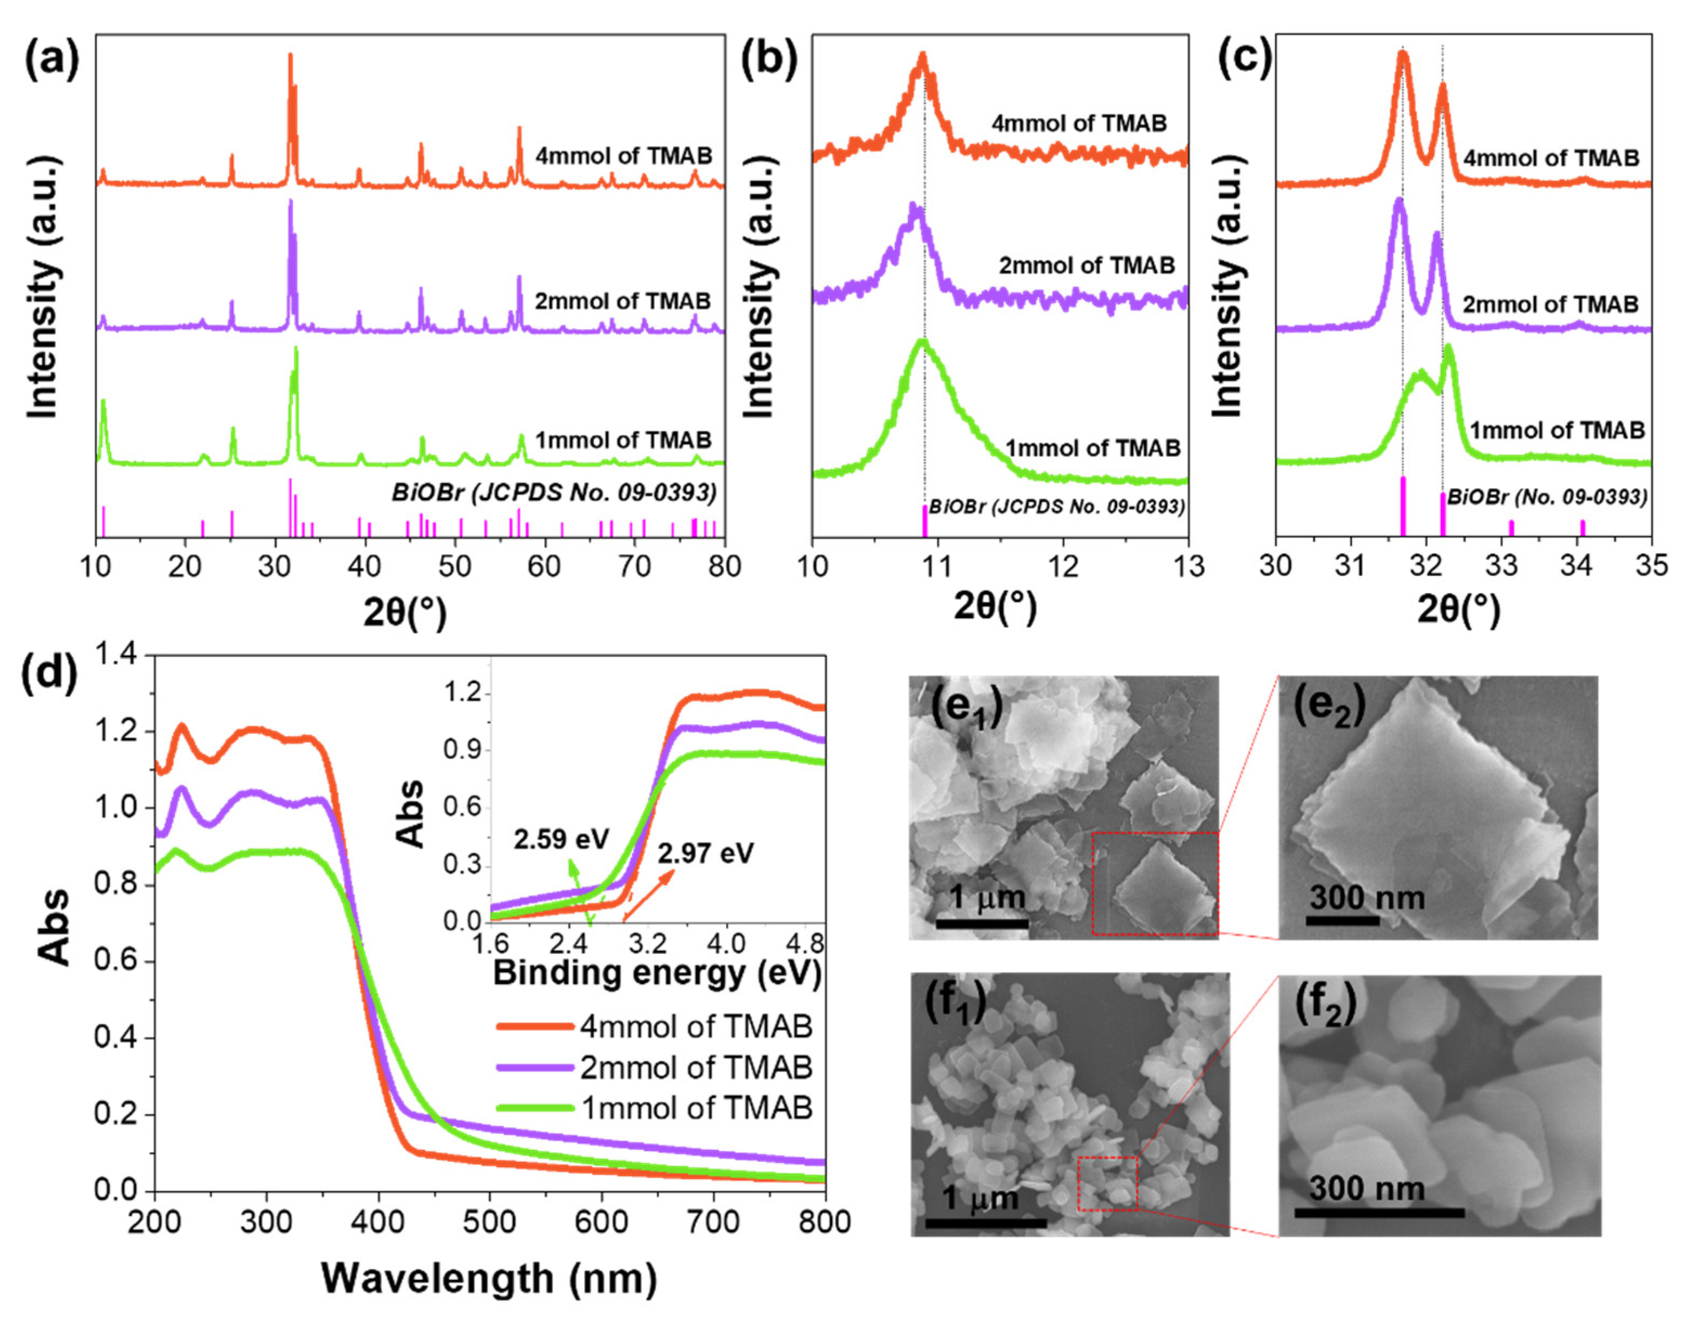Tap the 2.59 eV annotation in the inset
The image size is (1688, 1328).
561,840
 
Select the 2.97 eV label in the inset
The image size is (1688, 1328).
705,854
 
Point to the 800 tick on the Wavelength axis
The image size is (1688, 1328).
824,1222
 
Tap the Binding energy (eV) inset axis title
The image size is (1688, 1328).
657,974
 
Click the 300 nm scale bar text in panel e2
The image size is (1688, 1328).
1366,898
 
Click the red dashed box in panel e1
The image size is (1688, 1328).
1154,883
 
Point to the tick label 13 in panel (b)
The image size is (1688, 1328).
1186,566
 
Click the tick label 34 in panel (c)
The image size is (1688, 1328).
1577,566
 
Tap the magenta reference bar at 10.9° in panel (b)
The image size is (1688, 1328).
924,521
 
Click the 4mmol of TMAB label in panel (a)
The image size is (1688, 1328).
623,156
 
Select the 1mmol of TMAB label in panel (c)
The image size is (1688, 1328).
1556,430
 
